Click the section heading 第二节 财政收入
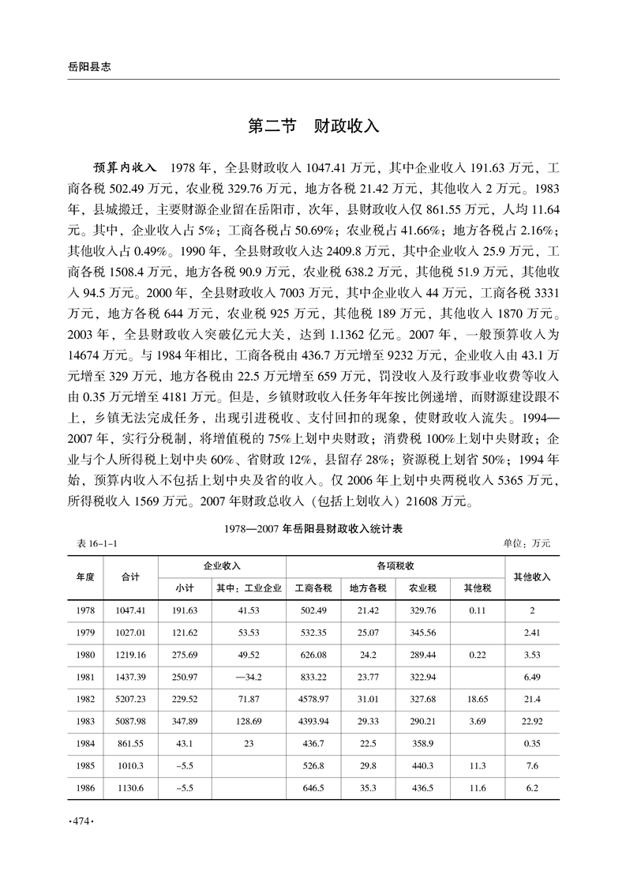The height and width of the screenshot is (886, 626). [313, 126]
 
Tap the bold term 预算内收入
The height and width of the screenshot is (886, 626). [126, 169]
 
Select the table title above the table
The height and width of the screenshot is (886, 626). [313, 530]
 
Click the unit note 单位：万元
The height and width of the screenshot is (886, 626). [525, 543]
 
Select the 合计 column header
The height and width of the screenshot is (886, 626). [131, 576]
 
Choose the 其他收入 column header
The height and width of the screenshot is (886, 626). [532, 576]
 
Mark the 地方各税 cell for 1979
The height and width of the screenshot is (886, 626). [368, 633]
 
